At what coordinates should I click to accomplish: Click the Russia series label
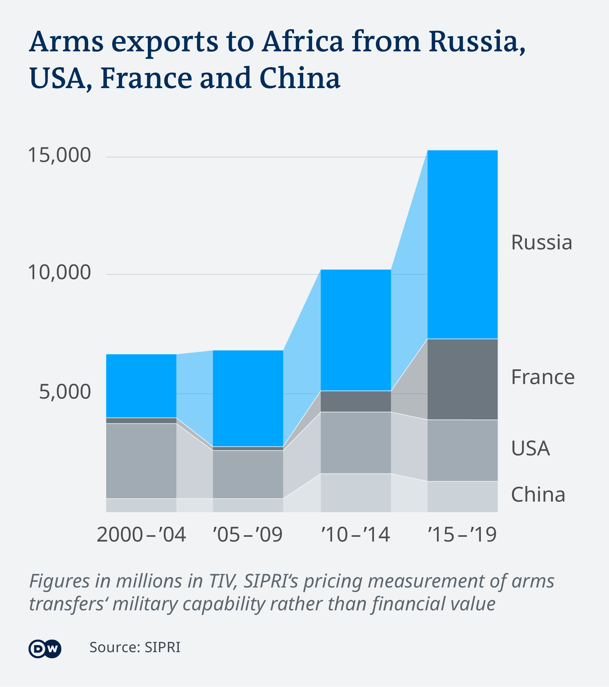(x=541, y=242)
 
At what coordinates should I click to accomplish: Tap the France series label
(x=542, y=377)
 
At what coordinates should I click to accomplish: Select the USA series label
(x=530, y=448)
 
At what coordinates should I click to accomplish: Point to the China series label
(x=538, y=495)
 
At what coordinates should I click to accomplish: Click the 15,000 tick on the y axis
(x=60, y=155)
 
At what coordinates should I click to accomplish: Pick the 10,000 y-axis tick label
(x=60, y=273)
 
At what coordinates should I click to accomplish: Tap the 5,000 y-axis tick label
(x=65, y=392)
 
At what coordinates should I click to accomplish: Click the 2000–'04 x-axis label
(x=141, y=535)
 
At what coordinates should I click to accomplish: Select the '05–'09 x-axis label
(x=248, y=535)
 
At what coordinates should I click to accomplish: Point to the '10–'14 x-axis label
(x=355, y=535)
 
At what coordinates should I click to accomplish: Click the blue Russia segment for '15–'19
(x=462, y=244)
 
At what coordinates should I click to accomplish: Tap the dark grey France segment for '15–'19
(x=462, y=379)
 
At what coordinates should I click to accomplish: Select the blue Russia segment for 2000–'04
(x=141, y=386)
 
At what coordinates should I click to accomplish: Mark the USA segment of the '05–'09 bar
(x=248, y=474)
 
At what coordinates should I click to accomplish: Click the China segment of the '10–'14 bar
(x=355, y=493)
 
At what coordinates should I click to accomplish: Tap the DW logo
(x=45, y=648)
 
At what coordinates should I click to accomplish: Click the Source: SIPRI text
(x=134, y=647)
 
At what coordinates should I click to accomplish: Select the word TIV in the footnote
(x=223, y=581)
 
